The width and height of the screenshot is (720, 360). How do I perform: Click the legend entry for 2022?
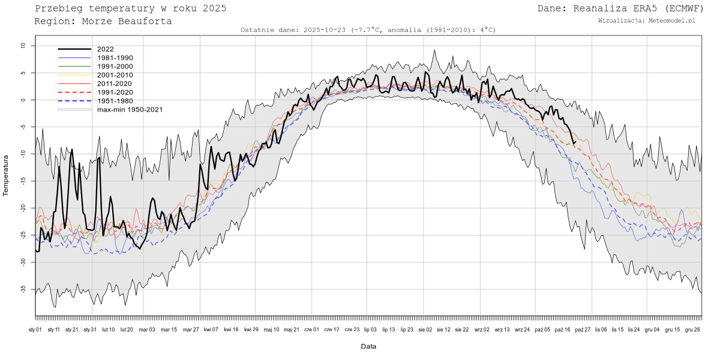pyautogui.click(x=105, y=49)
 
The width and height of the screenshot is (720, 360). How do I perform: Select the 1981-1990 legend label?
pyautogui.click(x=115, y=58)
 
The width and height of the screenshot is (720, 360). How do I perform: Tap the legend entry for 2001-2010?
pyautogui.click(x=115, y=75)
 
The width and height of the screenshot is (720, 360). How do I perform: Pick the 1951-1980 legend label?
pyautogui.click(x=115, y=101)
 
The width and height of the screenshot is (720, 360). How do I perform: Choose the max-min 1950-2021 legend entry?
pyautogui.click(x=130, y=110)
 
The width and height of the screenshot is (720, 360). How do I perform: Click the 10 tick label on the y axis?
pyautogui.click(x=23, y=46)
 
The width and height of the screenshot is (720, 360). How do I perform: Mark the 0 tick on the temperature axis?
pyautogui.click(x=24, y=100)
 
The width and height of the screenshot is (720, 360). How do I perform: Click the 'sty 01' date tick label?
pyautogui.click(x=35, y=329)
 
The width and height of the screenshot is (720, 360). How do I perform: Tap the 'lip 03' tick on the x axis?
pyautogui.click(x=370, y=329)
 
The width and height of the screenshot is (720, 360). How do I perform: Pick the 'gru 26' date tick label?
pyautogui.click(x=693, y=329)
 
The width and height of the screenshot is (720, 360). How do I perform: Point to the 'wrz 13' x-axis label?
pyautogui.click(x=502, y=329)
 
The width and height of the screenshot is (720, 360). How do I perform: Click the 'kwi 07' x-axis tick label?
pyautogui.click(x=211, y=329)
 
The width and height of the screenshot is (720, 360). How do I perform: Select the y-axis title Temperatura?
pyautogui.click(x=6, y=175)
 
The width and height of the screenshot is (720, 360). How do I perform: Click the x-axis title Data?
pyautogui.click(x=368, y=346)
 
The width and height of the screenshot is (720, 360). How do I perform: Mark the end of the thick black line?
pyautogui.click(x=575, y=142)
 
